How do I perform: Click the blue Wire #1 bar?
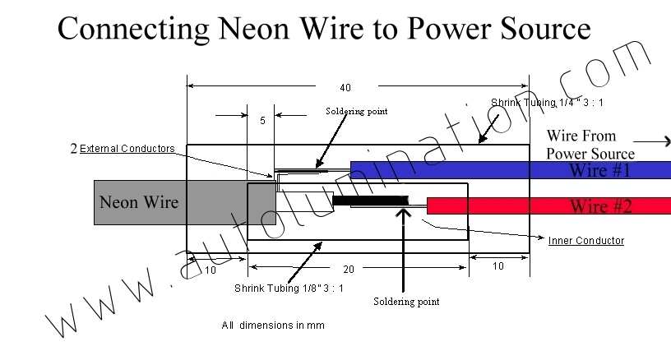coord(510,170)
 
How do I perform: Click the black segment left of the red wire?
coord(371,201)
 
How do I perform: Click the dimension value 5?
coord(262,121)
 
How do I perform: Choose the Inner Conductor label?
coord(585,241)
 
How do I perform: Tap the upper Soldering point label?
coord(356,111)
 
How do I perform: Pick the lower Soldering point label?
coord(406,302)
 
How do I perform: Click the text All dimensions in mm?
coord(273,325)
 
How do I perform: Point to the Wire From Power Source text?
coord(590,145)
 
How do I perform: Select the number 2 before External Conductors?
coord(74,149)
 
